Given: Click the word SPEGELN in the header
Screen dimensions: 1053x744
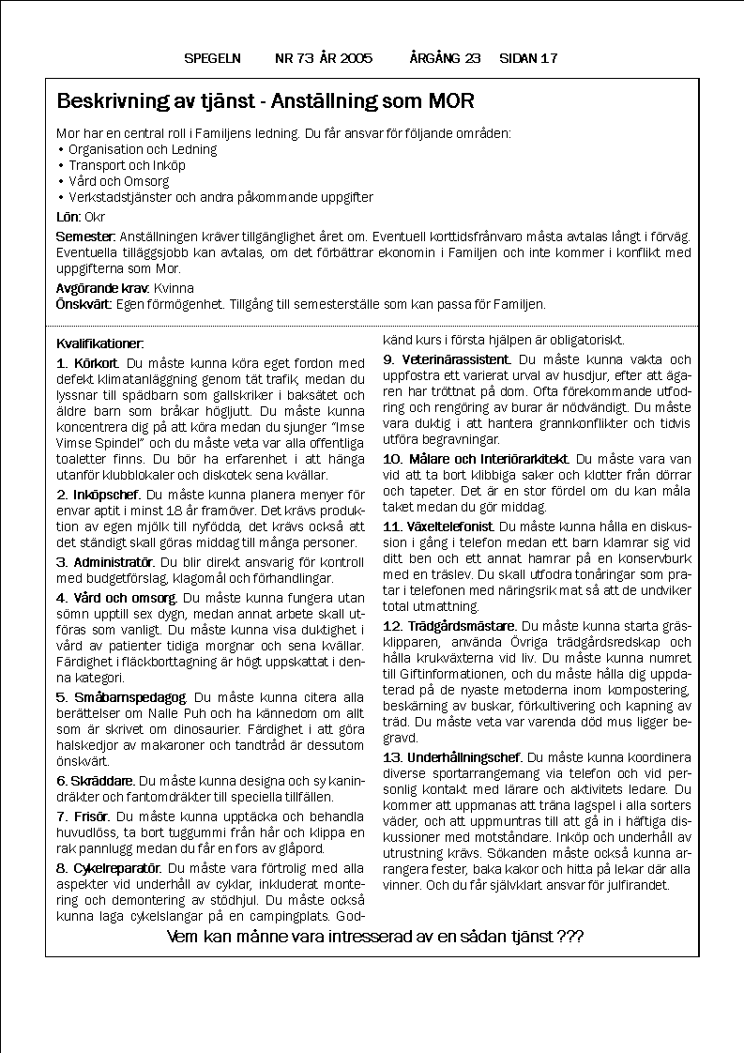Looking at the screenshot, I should coord(212,58).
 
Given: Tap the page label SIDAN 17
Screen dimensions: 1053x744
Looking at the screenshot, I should coord(528,58).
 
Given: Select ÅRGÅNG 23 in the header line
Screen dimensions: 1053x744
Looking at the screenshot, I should coord(445,58).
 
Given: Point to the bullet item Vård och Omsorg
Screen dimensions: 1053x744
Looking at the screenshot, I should coord(118,181).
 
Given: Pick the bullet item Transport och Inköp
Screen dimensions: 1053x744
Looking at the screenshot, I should coord(127,165).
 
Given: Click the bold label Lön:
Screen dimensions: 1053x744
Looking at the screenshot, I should coord(69,216).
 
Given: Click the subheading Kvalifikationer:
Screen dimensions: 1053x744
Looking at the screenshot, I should coord(100,344).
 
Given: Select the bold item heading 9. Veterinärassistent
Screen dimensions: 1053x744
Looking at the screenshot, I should coord(447,359).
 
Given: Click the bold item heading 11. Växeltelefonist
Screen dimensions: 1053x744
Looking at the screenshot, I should coord(439,526).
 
